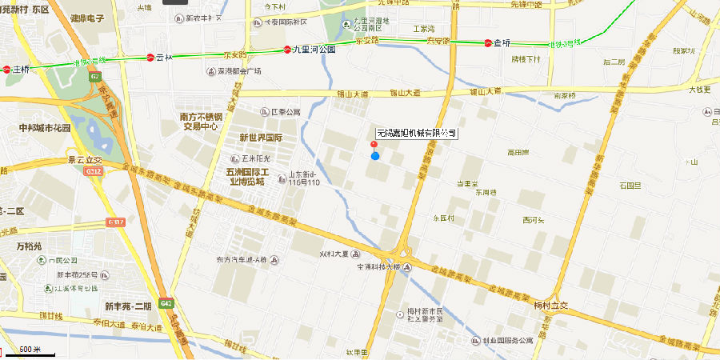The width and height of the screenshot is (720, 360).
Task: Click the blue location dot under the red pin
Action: [374, 155]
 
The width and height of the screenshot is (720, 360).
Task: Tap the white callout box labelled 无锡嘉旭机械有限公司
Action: [417, 133]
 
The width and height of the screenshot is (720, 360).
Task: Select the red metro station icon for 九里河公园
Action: [287, 50]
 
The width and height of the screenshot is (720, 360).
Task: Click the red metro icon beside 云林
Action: [150, 57]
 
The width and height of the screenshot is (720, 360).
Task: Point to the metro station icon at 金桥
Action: [487, 42]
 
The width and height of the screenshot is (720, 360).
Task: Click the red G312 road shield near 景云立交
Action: [94, 171]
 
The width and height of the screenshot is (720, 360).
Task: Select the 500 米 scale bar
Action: [30, 350]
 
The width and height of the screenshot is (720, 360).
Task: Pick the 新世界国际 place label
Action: [261, 138]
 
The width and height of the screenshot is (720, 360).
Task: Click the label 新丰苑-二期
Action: [127, 306]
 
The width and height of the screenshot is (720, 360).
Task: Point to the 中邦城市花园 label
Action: [45, 128]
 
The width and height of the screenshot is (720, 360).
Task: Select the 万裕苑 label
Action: [29, 246]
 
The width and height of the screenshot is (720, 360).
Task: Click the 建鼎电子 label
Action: [90, 18]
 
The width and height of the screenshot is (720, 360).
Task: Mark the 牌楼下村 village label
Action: [526, 59]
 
